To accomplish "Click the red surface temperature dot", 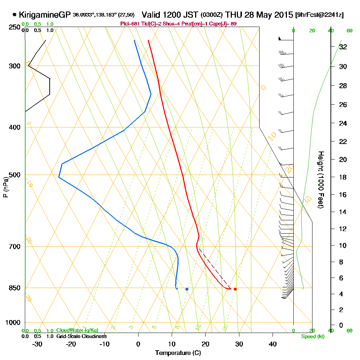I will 235,289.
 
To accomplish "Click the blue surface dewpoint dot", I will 187,289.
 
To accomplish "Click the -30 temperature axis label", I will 37,344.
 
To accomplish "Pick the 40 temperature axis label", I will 273,344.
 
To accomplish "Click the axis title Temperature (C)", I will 178,353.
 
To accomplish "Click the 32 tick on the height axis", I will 343,47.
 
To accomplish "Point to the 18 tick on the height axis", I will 343,177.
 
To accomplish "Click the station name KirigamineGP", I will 45,15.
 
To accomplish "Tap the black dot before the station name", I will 14,15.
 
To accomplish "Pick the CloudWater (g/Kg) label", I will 77,330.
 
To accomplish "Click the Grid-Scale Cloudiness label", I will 81,336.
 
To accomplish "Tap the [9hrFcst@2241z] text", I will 319,15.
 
